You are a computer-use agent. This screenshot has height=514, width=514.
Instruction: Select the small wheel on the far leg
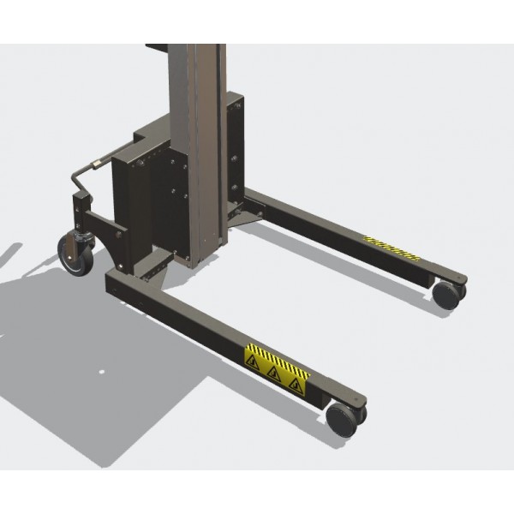(445, 294)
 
